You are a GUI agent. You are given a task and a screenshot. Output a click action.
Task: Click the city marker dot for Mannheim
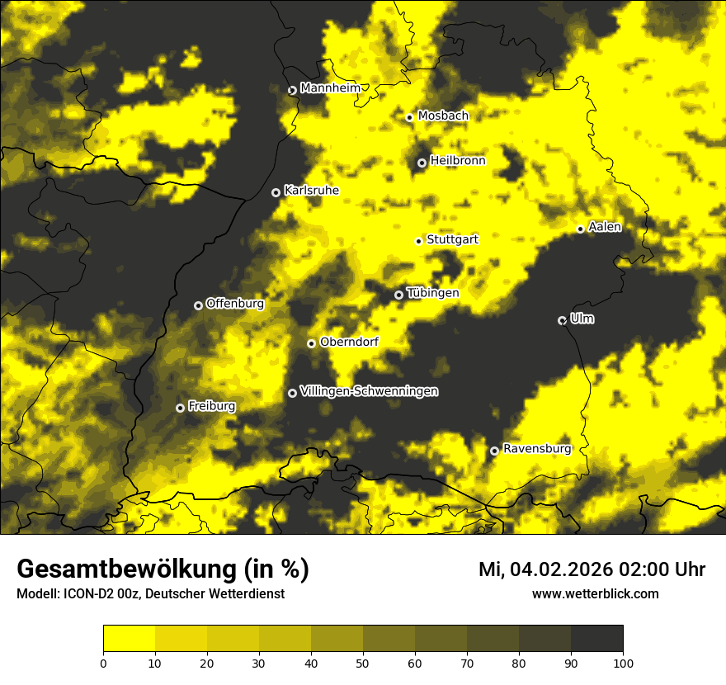coord(292,91)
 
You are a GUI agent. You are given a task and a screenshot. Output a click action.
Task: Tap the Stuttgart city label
coord(452,239)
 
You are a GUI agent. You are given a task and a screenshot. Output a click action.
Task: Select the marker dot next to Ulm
coord(562,320)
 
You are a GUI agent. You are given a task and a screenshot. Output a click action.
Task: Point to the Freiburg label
coord(211,406)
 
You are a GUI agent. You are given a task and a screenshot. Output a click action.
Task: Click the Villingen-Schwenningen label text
coord(369,391)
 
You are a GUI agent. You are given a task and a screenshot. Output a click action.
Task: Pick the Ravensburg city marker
coord(494,451)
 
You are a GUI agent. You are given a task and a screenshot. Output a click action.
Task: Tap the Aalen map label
coord(605,227)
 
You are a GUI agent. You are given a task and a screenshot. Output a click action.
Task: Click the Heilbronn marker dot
coord(422,163)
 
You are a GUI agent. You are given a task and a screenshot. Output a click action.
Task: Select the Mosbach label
coord(443,116)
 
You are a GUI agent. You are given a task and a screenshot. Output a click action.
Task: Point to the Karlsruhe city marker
coord(276,192)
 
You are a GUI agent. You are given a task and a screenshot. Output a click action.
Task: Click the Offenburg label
coord(235,304)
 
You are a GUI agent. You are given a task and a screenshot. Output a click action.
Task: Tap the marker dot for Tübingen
coord(398,295)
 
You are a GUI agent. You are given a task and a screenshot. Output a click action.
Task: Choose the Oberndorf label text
coord(349,342)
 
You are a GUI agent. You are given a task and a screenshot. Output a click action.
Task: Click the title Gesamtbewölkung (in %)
coord(163,569)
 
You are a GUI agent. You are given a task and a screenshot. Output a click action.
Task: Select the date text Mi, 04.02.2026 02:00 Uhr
coord(592,569)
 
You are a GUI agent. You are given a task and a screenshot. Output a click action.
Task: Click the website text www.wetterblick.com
coord(595,593)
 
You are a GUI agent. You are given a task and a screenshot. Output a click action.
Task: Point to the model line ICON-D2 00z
coord(150,594)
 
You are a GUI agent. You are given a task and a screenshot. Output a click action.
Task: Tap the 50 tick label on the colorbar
coord(363,662)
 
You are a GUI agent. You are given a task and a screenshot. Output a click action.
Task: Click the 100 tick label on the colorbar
coord(623,662)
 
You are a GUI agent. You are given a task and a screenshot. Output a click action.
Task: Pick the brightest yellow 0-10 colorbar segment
coord(130,639)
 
